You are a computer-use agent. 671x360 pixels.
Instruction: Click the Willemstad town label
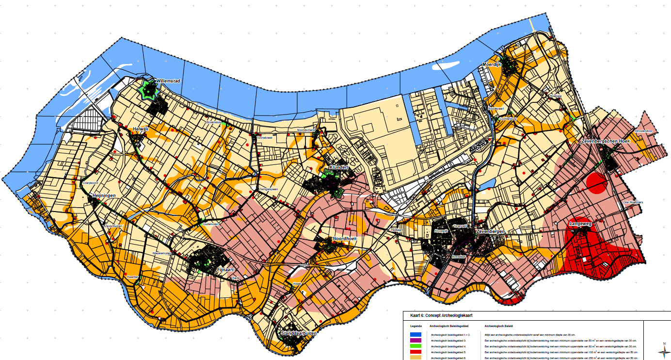click(x=168, y=81)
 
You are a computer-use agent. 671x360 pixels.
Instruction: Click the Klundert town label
click(x=339, y=167)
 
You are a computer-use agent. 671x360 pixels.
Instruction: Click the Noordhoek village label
click(x=345, y=239)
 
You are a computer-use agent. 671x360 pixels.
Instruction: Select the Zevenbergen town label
click(x=491, y=232)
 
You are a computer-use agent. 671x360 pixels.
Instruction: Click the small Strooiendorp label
click(x=643, y=131)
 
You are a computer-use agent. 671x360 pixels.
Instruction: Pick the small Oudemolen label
click(x=211, y=224)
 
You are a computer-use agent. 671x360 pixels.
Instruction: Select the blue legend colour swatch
click(x=415, y=335)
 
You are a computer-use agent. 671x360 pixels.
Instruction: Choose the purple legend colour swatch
click(x=415, y=341)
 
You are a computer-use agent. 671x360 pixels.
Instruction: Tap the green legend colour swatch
click(x=415, y=346)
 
